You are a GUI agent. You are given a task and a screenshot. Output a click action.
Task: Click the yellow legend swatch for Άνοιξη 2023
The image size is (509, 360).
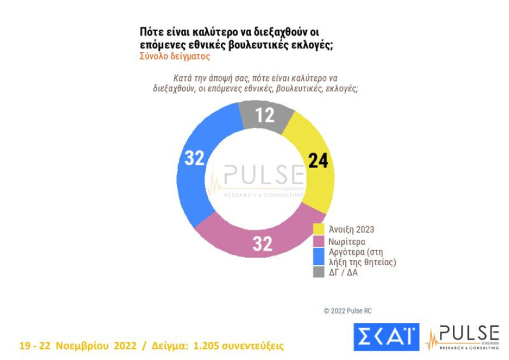pos(318,229)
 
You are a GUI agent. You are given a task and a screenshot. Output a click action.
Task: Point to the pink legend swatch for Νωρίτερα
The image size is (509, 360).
pos(318,240)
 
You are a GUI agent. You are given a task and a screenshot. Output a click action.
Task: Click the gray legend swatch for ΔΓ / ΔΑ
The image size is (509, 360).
pos(318,272)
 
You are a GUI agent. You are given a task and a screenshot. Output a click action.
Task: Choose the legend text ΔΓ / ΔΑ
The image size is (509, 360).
pos(343,272)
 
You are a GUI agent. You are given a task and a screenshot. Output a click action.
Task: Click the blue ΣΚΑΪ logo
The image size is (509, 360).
pos(386,337)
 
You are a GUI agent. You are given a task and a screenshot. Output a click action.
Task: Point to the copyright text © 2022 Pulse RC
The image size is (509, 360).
pos(348,311)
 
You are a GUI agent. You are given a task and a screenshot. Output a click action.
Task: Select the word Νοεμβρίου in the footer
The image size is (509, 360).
pos(82,346)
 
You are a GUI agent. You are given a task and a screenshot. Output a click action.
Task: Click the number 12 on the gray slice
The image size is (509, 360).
pos(265,116)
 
